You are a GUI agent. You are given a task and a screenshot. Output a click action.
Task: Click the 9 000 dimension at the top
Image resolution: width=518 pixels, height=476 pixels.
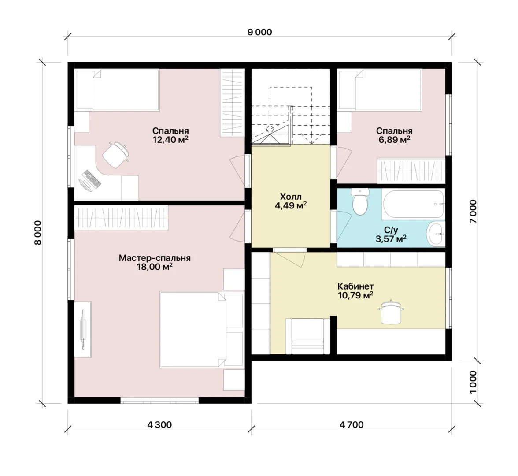260,32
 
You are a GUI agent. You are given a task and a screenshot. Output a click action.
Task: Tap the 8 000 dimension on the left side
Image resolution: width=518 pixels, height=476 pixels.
38,232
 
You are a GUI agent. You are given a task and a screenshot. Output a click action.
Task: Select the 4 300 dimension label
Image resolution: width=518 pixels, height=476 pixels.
159,425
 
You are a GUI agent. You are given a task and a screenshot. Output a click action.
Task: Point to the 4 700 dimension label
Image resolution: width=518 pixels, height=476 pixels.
351,425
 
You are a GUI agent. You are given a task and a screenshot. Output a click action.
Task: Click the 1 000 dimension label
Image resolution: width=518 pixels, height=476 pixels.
473,382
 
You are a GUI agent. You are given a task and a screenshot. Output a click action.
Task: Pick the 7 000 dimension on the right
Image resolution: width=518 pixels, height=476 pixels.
473,211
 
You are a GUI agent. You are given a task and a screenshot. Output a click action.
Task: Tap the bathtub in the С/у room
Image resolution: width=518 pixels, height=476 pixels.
414,204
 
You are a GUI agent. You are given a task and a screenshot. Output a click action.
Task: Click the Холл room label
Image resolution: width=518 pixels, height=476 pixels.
291,197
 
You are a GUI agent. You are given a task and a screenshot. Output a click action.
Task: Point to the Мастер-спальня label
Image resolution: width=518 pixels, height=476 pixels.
155,258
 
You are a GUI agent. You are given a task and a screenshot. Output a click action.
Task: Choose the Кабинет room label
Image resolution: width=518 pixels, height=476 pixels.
355,286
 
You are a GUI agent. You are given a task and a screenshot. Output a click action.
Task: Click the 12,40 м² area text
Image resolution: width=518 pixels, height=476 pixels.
170,139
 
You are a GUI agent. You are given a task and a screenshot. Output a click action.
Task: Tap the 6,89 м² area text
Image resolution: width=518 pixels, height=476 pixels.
395,139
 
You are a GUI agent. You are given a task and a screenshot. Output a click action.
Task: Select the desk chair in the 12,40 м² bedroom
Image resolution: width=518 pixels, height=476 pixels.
115,154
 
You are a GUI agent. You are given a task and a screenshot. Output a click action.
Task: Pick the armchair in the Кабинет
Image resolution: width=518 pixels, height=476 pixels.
308,336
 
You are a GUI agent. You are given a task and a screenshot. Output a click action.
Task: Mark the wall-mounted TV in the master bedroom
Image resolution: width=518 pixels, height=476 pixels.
83,329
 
